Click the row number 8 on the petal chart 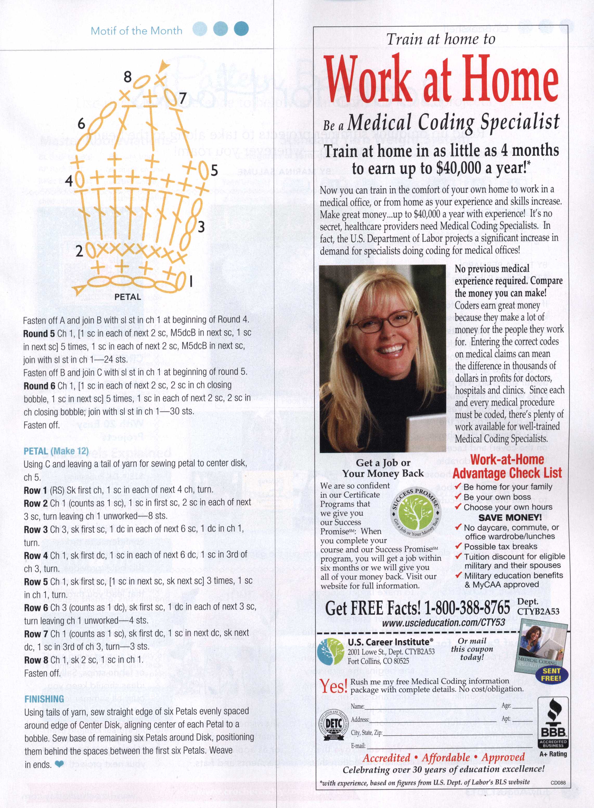128,77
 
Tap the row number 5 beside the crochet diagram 214,170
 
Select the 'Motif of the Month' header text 136,31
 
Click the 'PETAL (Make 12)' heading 56,451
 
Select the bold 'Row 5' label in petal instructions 36,581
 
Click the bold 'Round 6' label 39,386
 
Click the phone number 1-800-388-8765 467,608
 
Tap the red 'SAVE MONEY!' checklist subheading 509,518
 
